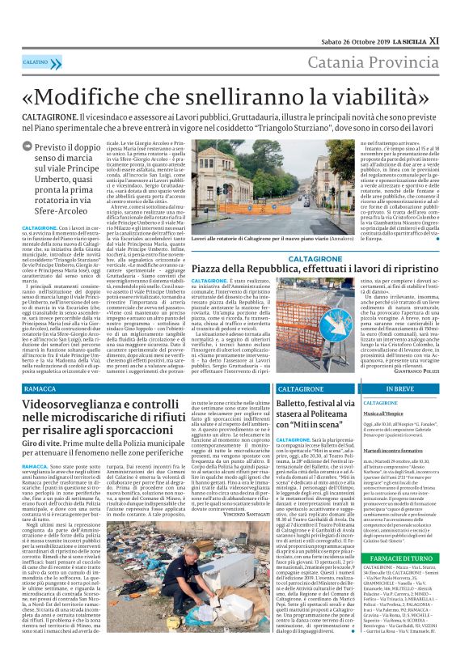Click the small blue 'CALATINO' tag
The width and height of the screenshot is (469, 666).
(35, 62)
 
